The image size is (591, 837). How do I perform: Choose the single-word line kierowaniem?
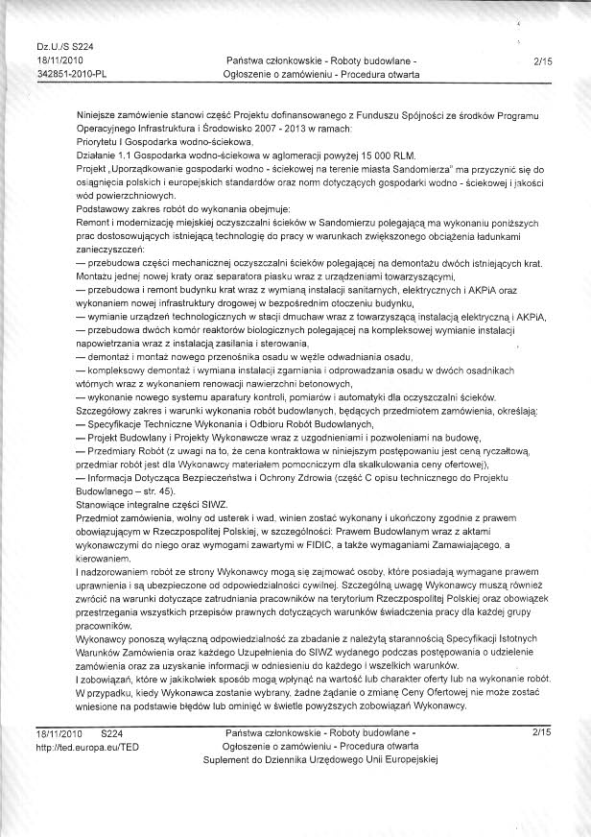103,559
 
